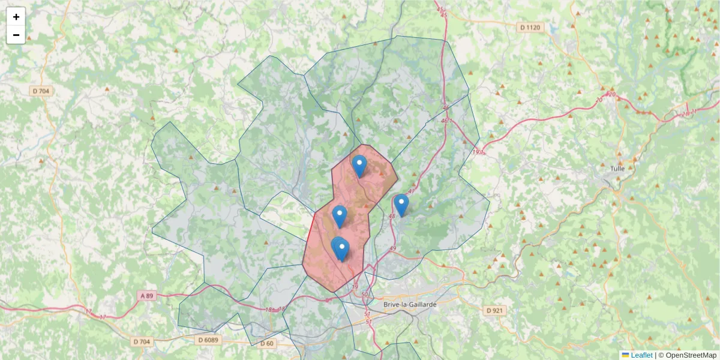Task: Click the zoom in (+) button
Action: point(16,17)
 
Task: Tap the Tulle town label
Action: point(617,169)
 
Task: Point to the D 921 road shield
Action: point(494,310)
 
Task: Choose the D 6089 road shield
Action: point(209,340)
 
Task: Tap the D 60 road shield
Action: point(267,343)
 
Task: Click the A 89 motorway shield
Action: point(147,296)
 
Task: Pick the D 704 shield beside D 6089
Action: point(142,341)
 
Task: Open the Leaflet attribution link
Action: point(641,355)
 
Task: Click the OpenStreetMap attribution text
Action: point(691,355)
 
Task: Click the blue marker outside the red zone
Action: point(401,205)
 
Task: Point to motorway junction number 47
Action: point(411,191)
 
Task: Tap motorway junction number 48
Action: point(391,216)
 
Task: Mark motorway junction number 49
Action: point(393,248)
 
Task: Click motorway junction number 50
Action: point(365,295)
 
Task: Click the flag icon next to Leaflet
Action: point(626,355)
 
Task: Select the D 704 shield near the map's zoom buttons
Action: point(41,91)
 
